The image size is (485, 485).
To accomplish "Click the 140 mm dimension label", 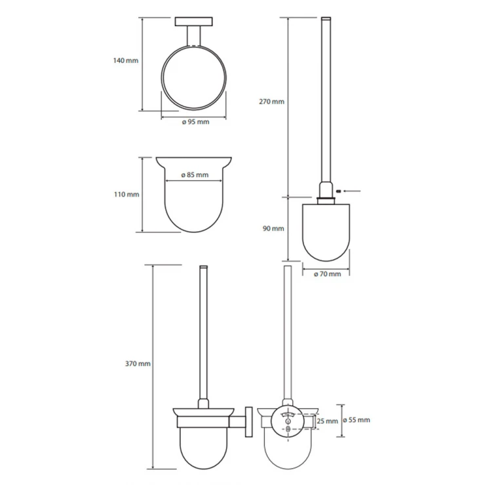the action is [126, 60].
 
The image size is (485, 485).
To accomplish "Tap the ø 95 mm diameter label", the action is [195, 122].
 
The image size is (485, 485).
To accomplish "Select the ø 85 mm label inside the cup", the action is [195, 175].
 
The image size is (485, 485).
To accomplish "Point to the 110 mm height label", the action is [126, 194].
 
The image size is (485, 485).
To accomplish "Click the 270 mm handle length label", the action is [271, 102].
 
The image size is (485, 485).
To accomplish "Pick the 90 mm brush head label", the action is [273, 229].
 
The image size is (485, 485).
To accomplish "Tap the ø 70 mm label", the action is [328, 274].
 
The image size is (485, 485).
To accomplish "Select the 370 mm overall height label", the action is [138, 364].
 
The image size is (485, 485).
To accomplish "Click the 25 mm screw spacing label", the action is [327, 421].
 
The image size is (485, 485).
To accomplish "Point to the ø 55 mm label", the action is [357, 420].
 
